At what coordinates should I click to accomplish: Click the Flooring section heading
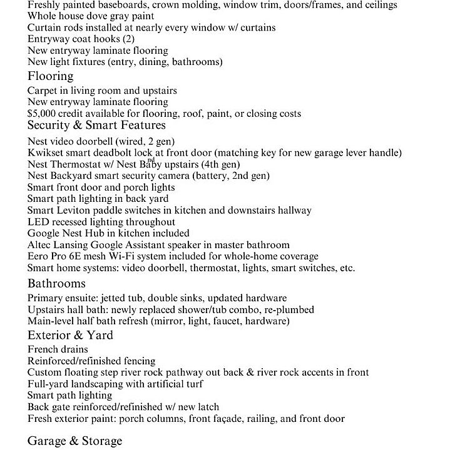[x=50, y=76]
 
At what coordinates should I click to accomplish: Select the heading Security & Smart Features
[x=96, y=126]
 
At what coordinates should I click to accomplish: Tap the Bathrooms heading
[x=56, y=284]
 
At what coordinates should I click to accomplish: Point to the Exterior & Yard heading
[x=70, y=336]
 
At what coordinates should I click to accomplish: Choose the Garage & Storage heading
[x=74, y=441]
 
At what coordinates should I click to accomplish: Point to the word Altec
[x=40, y=245]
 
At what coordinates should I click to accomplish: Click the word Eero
[x=38, y=256]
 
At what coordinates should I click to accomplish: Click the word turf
[x=193, y=384]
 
